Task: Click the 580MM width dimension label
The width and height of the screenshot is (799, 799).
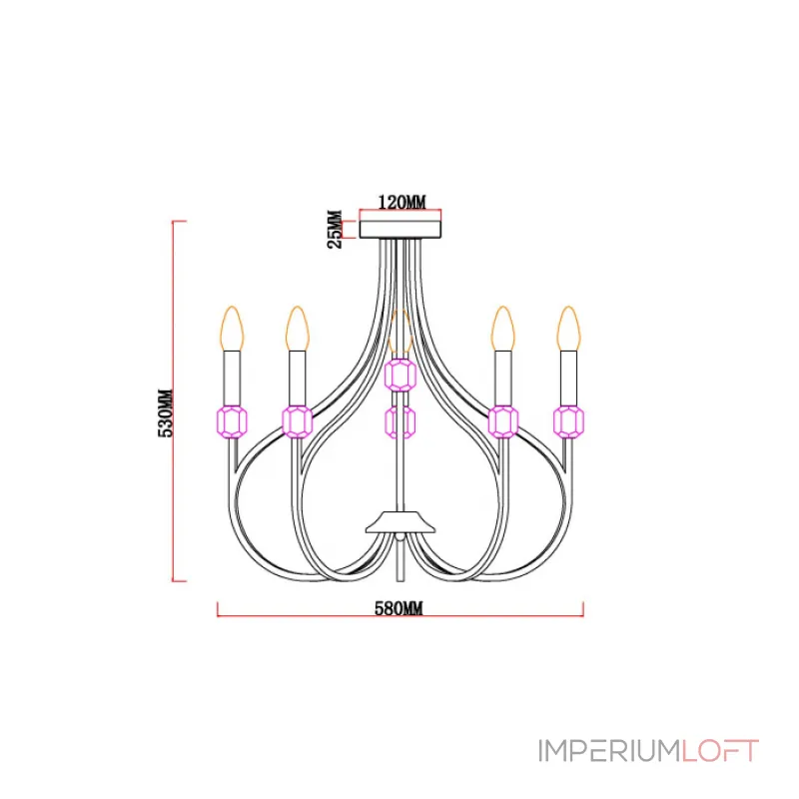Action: click(x=399, y=608)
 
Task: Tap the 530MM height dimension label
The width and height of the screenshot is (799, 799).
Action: click(x=166, y=413)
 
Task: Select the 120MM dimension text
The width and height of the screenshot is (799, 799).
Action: click(x=401, y=203)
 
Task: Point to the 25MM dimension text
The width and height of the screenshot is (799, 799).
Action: click(x=335, y=229)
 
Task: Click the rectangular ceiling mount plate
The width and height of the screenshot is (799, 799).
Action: click(x=400, y=230)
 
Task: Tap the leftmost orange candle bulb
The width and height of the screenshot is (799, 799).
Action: click(x=232, y=329)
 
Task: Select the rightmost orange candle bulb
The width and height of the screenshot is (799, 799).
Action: click(x=568, y=329)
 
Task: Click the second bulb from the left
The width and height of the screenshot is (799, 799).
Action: click(x=298, y=329)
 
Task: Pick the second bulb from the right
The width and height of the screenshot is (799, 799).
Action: click(x=503, y=329)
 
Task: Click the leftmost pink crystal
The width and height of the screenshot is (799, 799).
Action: click(x=232, y=421)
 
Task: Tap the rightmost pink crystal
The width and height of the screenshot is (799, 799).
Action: click(x=568, y=421)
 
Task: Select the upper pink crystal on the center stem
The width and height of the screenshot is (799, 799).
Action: click(x=400, y=376)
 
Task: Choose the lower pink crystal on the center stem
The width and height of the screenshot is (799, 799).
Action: click(x=400, y=421)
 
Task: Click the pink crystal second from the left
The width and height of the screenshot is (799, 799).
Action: click(x=297, y=421)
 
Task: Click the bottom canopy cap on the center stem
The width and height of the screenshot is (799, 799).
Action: click(x=400, y=522)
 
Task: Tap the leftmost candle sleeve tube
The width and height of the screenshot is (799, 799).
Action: click(x=232, y=379)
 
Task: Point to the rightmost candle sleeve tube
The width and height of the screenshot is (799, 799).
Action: click(x=568, y=379)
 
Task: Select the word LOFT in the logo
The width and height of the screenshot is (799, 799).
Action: click(x=720, y=751)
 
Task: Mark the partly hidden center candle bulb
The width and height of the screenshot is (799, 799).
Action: click(x=400, y=332)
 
